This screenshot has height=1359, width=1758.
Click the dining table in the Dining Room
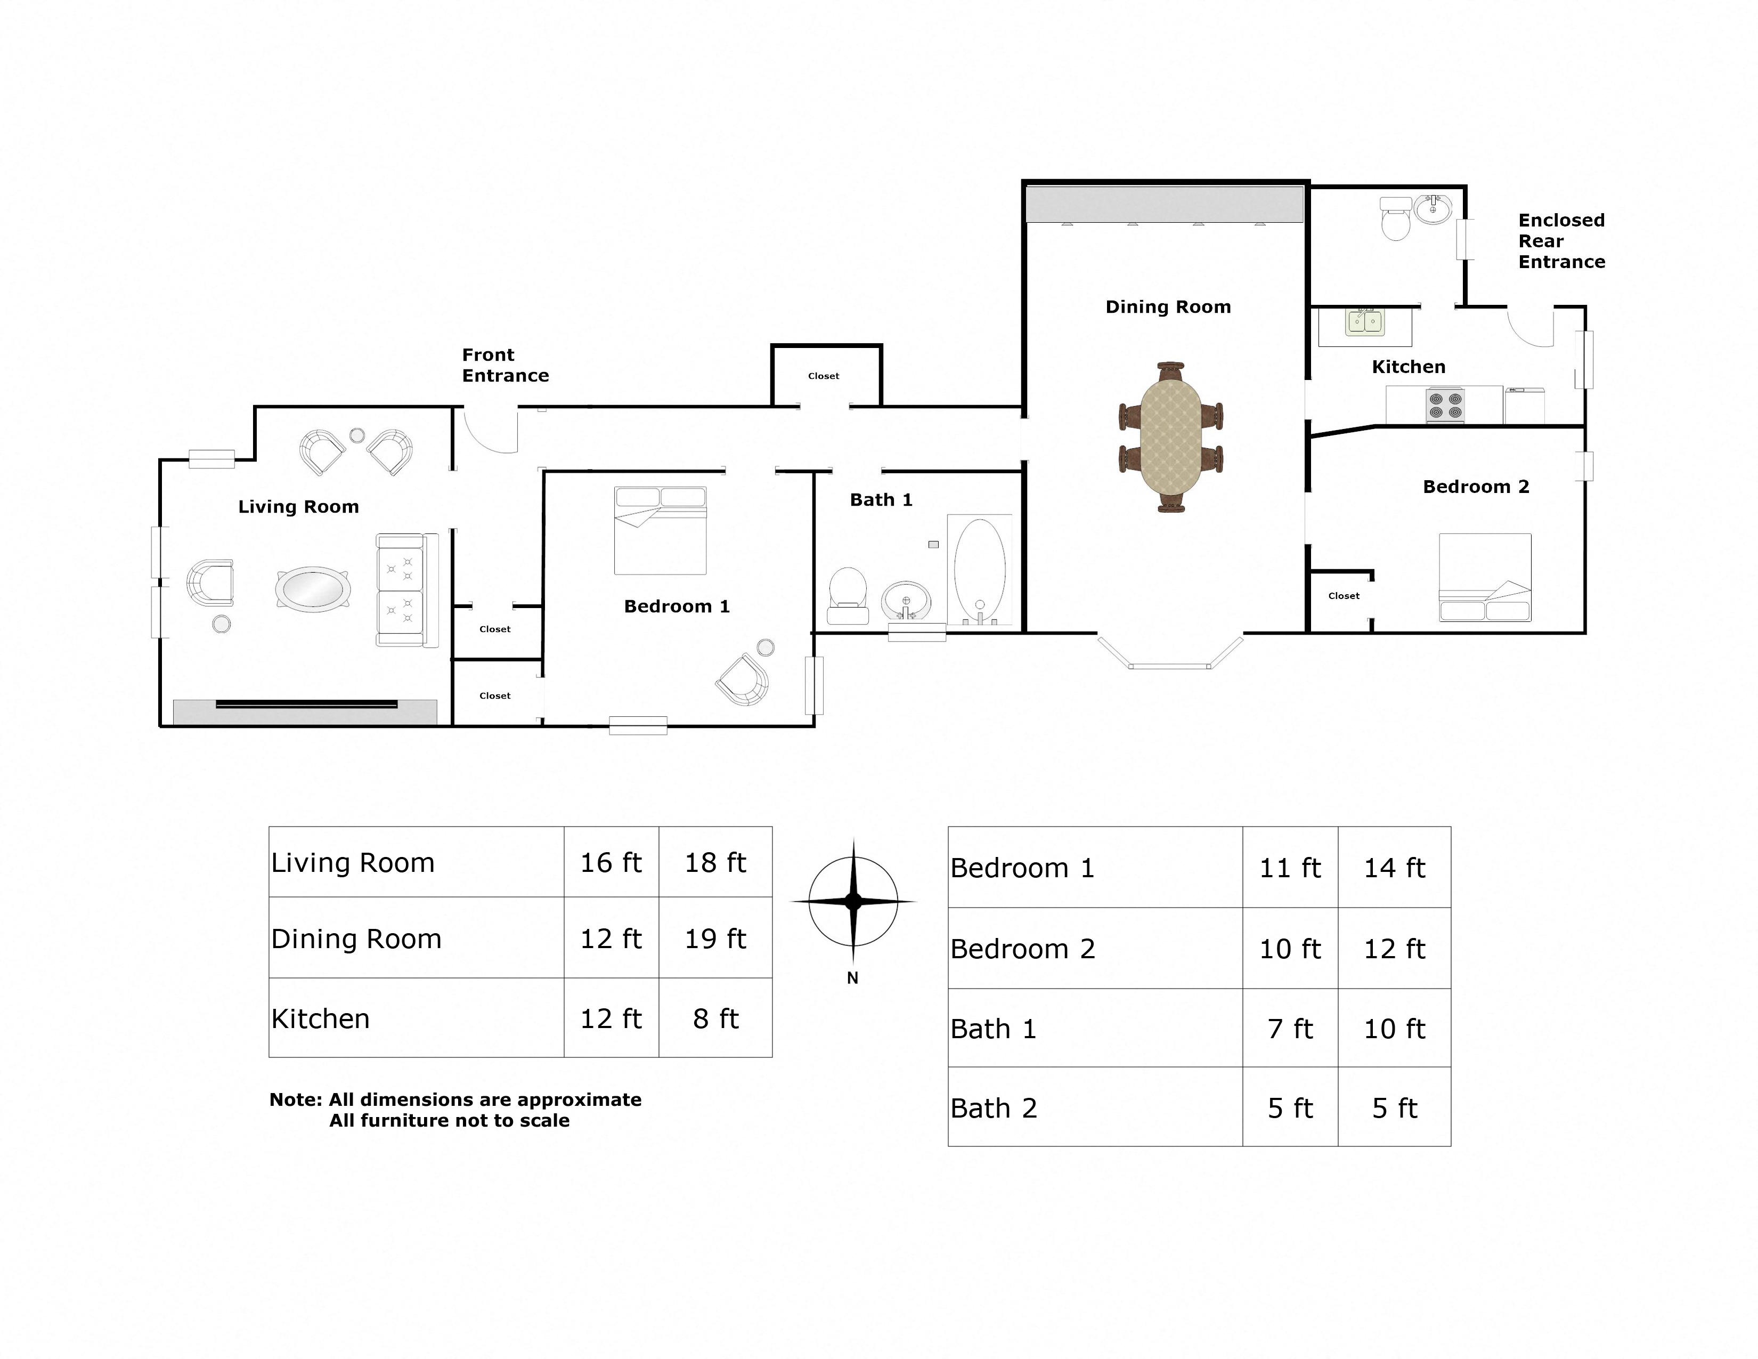pyautogui.click(x=1170, y=437)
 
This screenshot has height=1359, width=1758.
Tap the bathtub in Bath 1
pyautogui.click(x=980, y=569)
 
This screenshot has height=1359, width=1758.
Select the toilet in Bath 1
pyautogui.click(x=848, y=594)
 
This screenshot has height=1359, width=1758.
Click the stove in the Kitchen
pyautogui.click(x=1445, y=405)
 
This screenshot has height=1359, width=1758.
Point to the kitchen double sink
pyautogui.click(x=1365, y=322)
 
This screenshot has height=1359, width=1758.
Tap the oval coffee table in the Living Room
pyautogui.click(x=313, y=588)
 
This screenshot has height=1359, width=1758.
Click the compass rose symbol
pyautogui.click(x=853, y=902)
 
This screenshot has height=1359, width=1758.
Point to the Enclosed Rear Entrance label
pyautogui.click(x=1561, y=241)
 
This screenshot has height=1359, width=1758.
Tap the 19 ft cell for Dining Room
pyautogui.click(x=715, y=938)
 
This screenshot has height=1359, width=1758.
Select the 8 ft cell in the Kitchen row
pyautogui.click(x=715, y=1018)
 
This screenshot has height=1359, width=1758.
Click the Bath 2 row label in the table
pyautogui.click(x=994, y=1109)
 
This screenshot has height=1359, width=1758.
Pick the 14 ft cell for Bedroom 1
pyautogui.click(x=1394, y=868)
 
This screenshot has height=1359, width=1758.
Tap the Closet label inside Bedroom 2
pyautogui.click(x=1344, y=596)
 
